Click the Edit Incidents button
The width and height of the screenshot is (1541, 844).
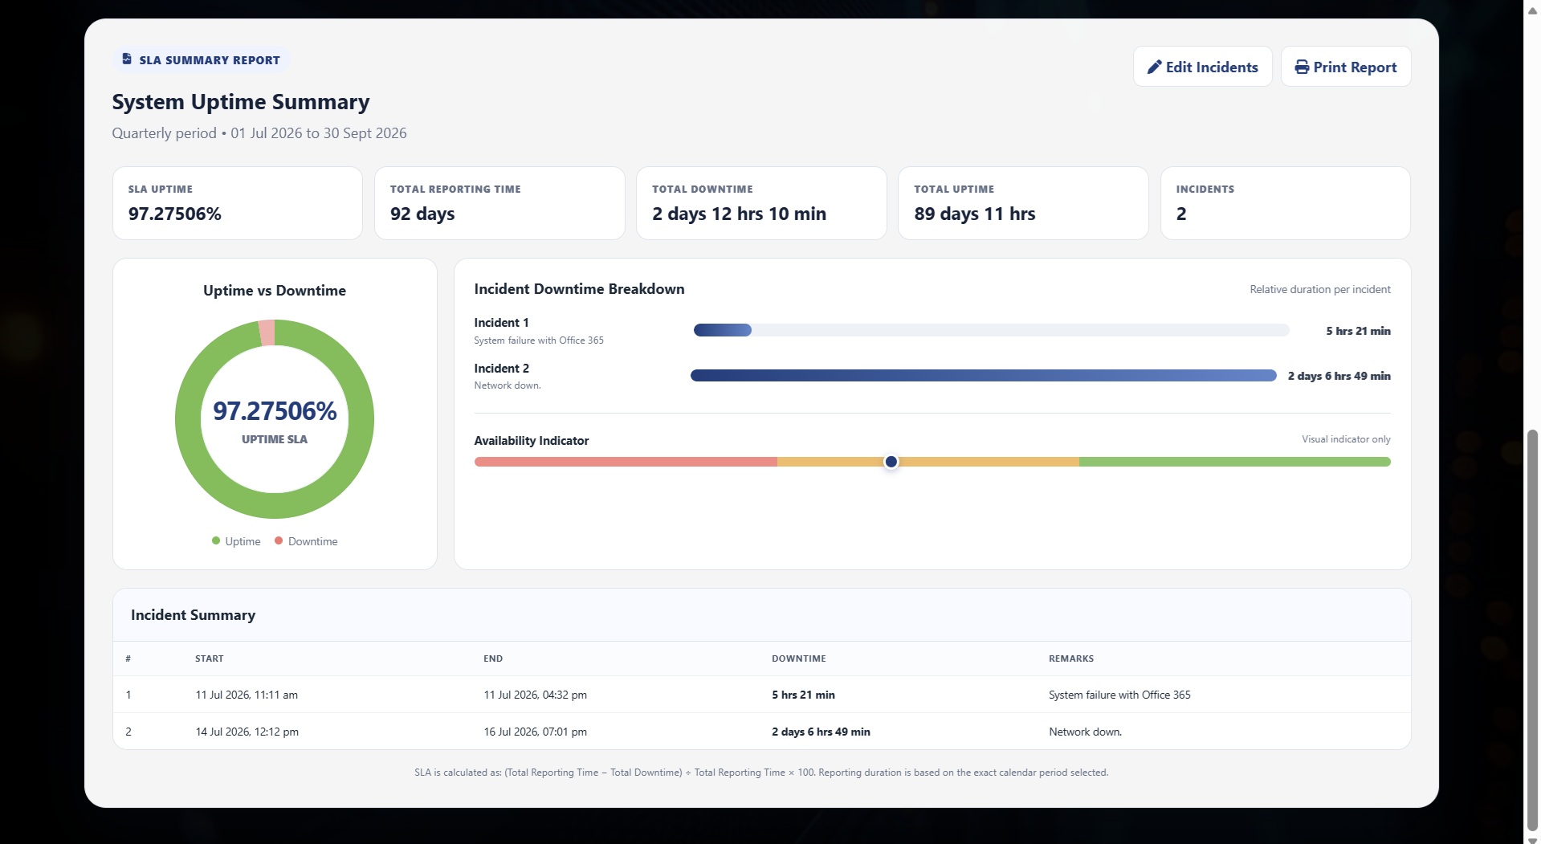coord(1202,67)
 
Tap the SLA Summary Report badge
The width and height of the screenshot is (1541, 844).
coord(201,60)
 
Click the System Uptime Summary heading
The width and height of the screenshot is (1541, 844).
coord(241,102)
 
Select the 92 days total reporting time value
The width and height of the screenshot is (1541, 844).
coord(422,214)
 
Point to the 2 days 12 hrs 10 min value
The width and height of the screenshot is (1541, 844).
coord(739,214)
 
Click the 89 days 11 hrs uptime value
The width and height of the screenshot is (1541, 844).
coord(975,214)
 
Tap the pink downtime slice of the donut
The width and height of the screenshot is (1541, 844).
coord(267,332)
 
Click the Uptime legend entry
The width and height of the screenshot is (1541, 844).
coord(236,541)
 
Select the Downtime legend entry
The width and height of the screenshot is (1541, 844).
coord(306,541)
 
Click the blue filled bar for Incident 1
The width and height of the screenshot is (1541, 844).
coord(723,330)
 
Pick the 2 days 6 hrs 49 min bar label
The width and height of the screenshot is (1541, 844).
coord(1339,376)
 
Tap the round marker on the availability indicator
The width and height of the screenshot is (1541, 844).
coord(891,462)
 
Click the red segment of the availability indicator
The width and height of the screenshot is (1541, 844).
coord(626,462)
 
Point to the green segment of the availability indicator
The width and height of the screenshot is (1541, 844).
coord(1235,462)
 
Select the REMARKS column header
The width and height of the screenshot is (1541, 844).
coord(1071,658)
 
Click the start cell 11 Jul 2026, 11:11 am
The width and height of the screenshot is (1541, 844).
coord(247,695)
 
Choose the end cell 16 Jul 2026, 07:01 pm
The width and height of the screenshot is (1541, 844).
coord(535,732)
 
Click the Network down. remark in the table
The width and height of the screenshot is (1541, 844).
coord(1085,732)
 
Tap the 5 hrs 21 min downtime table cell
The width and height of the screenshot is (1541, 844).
coord(803,695)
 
